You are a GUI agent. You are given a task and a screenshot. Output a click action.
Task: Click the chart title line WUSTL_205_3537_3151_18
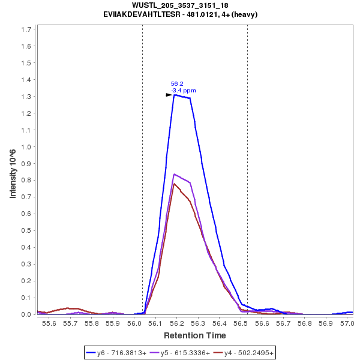point(180,5)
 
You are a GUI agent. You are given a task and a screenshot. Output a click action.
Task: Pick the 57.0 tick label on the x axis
point(346,323)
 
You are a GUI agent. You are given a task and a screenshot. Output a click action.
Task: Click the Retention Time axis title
point(195,335)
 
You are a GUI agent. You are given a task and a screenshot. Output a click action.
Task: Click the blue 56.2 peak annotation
point(176,84)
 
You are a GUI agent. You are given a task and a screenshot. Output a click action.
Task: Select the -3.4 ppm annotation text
point(184,91)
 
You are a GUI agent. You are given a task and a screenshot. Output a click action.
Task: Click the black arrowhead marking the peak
point(169,95)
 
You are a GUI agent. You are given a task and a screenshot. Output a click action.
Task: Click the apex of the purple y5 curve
point(174,174)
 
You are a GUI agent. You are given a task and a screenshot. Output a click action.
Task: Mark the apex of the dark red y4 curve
point(174,184)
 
